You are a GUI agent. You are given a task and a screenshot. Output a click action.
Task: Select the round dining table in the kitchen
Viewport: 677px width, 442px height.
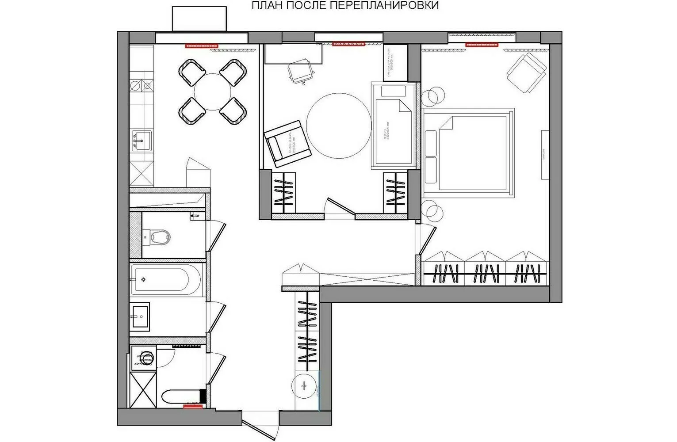pos(212,92)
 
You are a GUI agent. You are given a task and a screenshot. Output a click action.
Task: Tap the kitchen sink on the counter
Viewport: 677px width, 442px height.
pos(142,141)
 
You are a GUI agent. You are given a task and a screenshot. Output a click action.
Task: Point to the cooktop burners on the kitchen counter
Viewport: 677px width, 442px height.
pos(142,85)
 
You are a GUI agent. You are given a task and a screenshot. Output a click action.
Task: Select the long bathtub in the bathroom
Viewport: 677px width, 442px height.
pos(166,280)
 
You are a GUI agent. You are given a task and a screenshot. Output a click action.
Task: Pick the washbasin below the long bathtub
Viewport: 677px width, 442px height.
pos(141,316)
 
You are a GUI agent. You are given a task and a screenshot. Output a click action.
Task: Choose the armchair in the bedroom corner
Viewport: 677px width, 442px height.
pos(526,72)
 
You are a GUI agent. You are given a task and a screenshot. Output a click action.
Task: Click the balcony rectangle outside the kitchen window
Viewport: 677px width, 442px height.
pos(199,19)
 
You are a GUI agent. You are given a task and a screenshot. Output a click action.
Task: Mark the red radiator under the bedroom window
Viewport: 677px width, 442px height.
pos(482,44)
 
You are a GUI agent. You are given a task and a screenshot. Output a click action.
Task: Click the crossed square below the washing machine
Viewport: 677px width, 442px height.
pos(142,389)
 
